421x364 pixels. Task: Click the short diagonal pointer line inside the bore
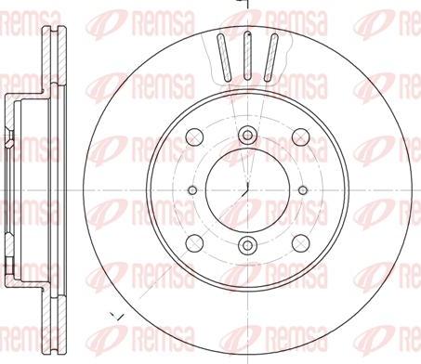tap(247, 187)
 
